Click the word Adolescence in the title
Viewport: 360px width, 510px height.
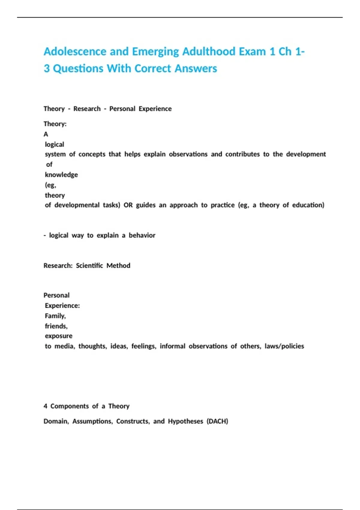[x=75, y=52]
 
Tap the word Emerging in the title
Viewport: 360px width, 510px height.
[x=155, y=52]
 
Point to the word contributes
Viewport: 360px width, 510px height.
[x=242, y=154]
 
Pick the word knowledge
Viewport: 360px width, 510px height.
[x=61, y=175]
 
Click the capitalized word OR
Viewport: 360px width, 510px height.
[x=128, y=205]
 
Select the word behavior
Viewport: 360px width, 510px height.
[x=142, y=235]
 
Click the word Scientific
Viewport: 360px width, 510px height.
[x=89, y=266]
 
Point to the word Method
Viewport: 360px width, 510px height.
[x=118, y=266]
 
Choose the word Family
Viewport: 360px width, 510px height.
[x=55, y=316]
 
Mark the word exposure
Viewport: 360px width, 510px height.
[x=58, y=336]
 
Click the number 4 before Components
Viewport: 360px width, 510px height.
[x=45, y=406]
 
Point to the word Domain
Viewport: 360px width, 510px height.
[x=56, y=421]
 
